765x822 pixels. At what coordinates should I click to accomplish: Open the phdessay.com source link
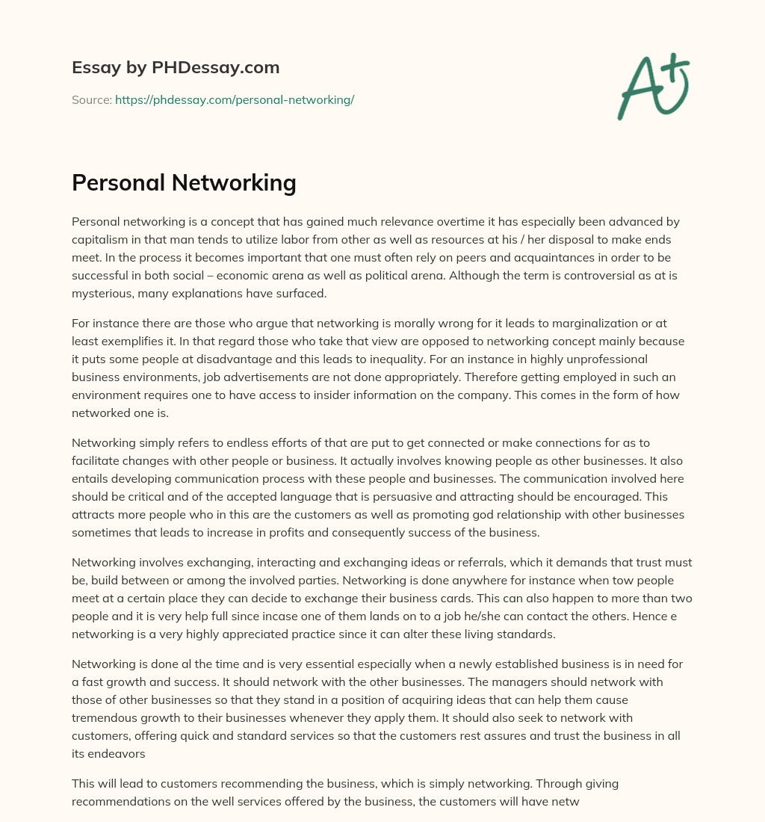[x=234, y=99]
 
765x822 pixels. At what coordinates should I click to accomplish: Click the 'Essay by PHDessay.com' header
[x=176, y=67]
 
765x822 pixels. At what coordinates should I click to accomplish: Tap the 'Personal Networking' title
[x=184, y=182]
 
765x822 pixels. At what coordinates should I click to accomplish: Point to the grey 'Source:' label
[x=91, y=99]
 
